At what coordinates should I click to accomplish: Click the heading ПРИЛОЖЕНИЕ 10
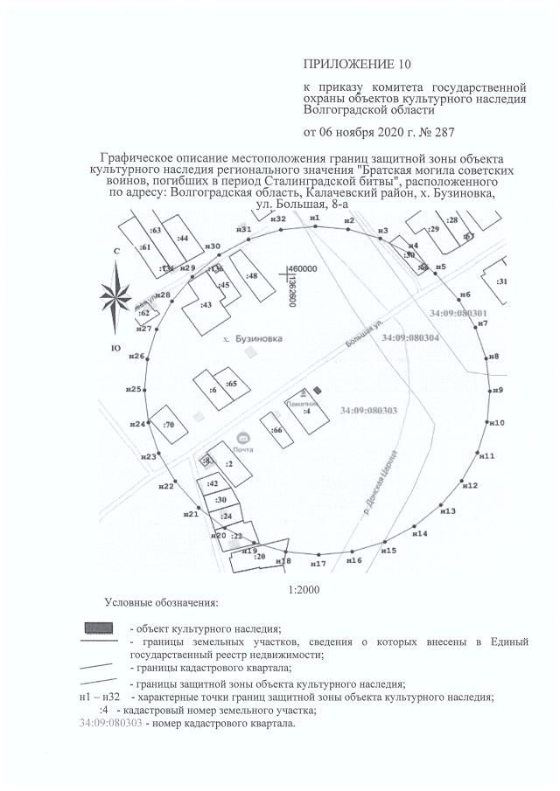(x=356, y=64)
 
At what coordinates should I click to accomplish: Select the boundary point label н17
(x=318, y=565)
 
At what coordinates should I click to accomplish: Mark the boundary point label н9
(x=498, y=390)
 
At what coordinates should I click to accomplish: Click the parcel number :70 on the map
(x=169, y=425)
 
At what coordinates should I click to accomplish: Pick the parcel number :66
(x=276, y=431)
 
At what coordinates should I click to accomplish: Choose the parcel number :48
(x=252, y=276)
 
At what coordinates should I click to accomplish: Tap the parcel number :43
(x=206, y=305)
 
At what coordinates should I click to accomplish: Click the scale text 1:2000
(x=305, y=589)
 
